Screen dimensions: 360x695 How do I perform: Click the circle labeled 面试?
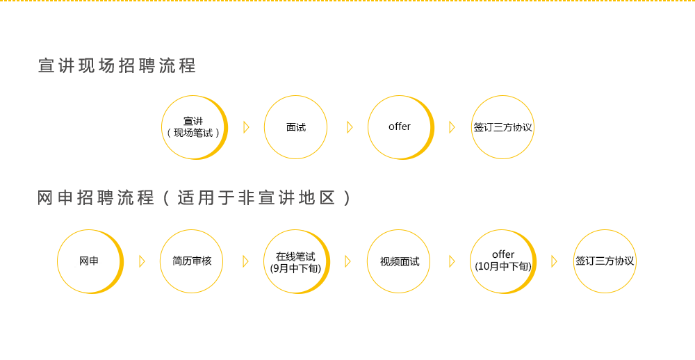tap(295, 127)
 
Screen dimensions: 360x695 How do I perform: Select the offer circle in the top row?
tap(399, 126)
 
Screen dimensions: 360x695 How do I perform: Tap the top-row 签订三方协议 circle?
tap(502, 127)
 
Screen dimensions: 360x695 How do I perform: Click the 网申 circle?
tap(88, 261)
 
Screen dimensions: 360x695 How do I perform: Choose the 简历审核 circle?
tap(192, 261)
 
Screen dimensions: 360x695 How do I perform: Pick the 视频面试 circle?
tap(399, 261)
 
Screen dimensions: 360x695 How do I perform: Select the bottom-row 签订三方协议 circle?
tap(605, 261)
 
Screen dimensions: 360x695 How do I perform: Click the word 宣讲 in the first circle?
tap(193, 121)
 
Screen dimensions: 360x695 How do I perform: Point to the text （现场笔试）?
tap(193, 132)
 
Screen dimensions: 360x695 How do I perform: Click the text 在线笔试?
tap(295, 256)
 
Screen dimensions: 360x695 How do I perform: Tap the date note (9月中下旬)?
tap(295, 268)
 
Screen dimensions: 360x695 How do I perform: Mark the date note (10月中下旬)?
tap(502, 266)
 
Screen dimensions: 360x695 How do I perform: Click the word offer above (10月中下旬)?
tap(502, 255)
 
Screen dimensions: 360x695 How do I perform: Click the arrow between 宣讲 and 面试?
tap(246, 127)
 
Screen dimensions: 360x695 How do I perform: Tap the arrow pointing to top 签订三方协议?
tap(452, 127)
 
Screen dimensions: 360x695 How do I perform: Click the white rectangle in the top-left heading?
tap(85, 63)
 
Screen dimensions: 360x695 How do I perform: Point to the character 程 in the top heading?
tap(187, 66)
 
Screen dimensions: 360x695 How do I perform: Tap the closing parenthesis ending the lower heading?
tap(345, 198)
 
